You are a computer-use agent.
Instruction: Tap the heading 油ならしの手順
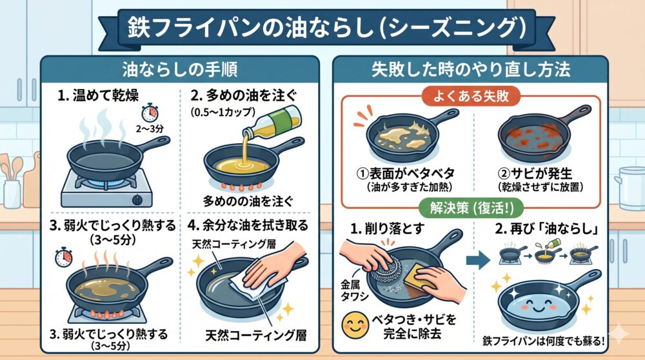[180, 70]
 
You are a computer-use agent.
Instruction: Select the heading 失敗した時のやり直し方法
[471, 70]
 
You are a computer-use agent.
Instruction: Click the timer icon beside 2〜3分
[150, 113]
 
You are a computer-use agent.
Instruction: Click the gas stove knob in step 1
[137, 200]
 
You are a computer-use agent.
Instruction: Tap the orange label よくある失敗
[471, 96]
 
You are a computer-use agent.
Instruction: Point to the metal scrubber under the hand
[385, 268]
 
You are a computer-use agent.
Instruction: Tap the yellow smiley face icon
[355, 325]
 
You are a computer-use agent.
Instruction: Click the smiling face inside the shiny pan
[537, 306]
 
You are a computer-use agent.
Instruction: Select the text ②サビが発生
[541, 173]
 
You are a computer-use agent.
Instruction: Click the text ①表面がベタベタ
[406, 173]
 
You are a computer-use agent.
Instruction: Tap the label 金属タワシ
[352, 290]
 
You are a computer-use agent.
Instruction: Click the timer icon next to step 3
[64, 257]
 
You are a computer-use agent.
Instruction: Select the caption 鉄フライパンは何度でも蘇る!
[544, 341]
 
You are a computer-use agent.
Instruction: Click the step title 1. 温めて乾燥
[98, 95]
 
